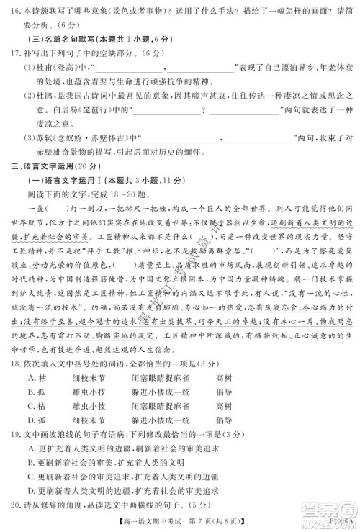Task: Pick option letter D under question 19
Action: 30,490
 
